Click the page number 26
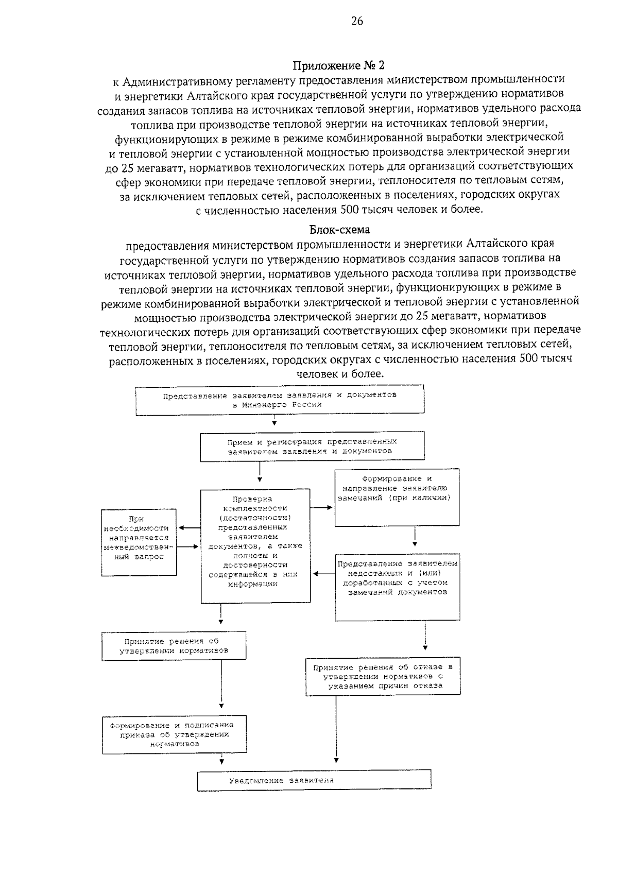(357, 21)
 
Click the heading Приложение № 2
(338, 65)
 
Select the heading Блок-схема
(339, 229)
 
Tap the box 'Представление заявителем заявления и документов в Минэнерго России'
(280, 400)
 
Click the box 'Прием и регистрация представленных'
(312, 446)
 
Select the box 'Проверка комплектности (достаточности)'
(255, 545)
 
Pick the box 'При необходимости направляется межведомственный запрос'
(139, 542)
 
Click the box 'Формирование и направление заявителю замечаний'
(397, 497)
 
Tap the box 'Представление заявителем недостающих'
(397, 587)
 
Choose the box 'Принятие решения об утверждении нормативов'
(174, 646)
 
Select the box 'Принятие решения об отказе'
(383, 676)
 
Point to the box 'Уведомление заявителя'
(314, 780)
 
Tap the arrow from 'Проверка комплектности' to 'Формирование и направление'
(322, 507)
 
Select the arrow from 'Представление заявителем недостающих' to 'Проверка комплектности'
(323, 574)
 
